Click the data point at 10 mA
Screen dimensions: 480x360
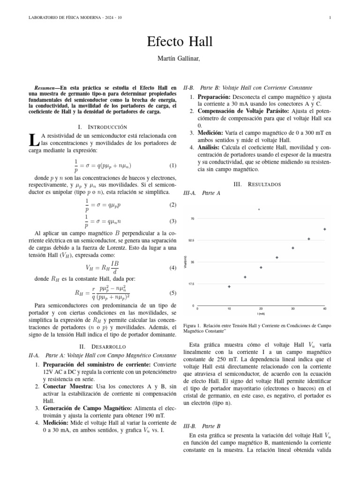point(229,286)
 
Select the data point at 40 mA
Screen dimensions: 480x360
point(325,229)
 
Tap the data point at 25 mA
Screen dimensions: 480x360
point(277,257)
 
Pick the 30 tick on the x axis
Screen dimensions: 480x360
point(293,309)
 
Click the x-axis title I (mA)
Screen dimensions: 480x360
point(261,314)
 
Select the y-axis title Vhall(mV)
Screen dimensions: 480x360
point(186,262)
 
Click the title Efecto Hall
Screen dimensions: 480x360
point(180,42)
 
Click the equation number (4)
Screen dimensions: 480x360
point(172,268)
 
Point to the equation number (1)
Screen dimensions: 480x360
point(172,165)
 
